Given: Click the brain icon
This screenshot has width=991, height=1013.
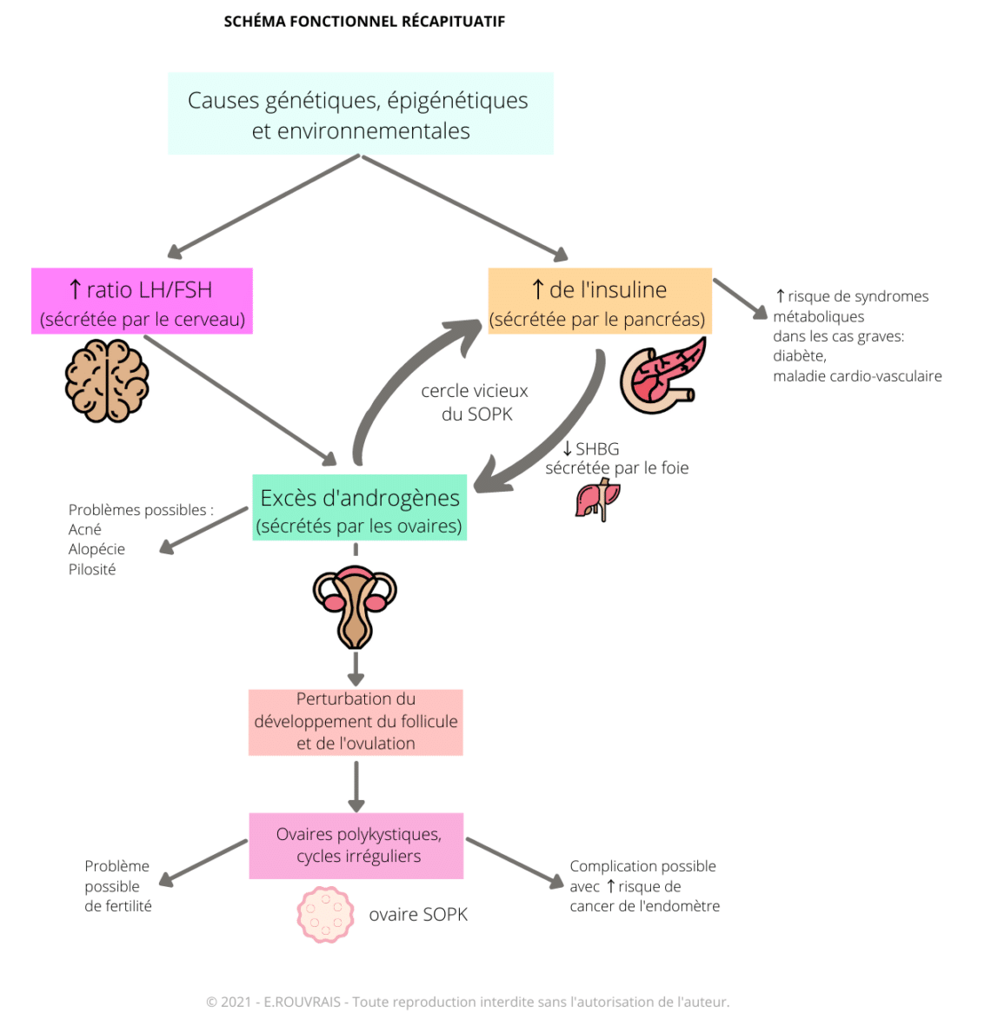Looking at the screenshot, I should click(107, 381).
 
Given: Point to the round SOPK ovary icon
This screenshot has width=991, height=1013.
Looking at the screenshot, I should click(325, 914).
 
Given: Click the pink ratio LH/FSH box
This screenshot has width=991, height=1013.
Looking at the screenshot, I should click(142, 301).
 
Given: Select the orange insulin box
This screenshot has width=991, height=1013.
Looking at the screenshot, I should click(599, 301).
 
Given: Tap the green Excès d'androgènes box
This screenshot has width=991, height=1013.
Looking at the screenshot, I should click(359, 507).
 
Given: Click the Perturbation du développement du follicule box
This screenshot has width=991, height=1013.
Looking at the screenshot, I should click(356, 722).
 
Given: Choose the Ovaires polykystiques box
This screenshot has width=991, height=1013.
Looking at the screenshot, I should click(356, 845).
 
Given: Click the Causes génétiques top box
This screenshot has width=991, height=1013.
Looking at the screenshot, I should click(360, 114).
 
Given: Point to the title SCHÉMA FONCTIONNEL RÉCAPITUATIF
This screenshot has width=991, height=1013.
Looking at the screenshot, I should click(364, 21).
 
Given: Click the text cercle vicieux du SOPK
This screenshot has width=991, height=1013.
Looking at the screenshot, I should click(475, 402).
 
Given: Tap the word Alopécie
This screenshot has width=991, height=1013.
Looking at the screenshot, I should click(96, 549).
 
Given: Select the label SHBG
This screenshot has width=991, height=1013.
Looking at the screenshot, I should click(596, 449).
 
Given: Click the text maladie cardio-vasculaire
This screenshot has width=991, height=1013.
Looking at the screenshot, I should click(856, 376).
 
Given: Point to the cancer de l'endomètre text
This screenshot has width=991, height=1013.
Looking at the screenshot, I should click(644, 906).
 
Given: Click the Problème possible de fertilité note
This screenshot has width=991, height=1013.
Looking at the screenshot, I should click(117, 885).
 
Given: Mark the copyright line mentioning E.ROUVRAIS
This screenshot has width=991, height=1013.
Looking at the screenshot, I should click(468, 1002).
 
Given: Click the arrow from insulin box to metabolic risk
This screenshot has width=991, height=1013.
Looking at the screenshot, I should click(740, 297).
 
